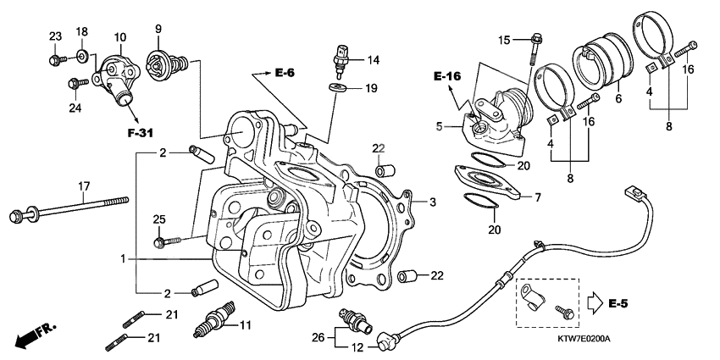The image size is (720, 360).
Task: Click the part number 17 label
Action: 84,186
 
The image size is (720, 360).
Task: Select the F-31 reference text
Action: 141,133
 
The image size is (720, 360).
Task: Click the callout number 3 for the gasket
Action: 432,202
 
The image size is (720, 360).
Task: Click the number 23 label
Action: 55,36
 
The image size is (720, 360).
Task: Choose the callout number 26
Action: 318,337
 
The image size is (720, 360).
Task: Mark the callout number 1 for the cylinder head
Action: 125,257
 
